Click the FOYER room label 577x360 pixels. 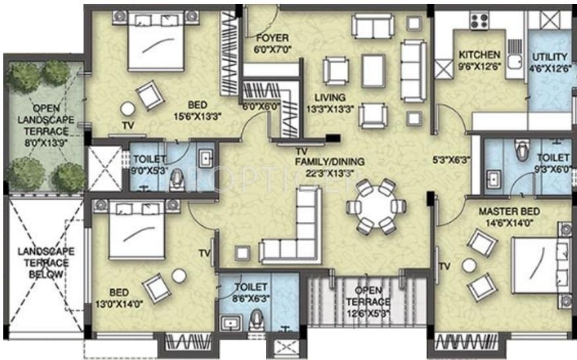coord(272,38)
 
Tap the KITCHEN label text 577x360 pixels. coord(480,55)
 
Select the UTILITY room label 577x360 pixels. coord(550,57)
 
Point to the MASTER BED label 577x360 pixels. coord(509,212)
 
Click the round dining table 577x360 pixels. coord(376,206)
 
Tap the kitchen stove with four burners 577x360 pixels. coord(479,20)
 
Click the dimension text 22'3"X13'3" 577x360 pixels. coord(330,173)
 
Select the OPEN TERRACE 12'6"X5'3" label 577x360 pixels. coord(367,302)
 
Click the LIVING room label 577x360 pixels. coord(330,98)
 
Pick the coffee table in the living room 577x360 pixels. coord(373,71)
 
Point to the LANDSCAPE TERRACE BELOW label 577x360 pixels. coord(46,263)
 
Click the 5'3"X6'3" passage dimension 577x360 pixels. coord(451,160)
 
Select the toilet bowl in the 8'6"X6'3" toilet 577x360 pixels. coord(256,320)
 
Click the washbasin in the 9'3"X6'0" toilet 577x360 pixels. coord(493,179)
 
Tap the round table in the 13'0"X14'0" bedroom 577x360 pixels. coord(179,276)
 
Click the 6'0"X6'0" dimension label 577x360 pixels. coord(261,106)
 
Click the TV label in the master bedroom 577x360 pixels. coord(445,266)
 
